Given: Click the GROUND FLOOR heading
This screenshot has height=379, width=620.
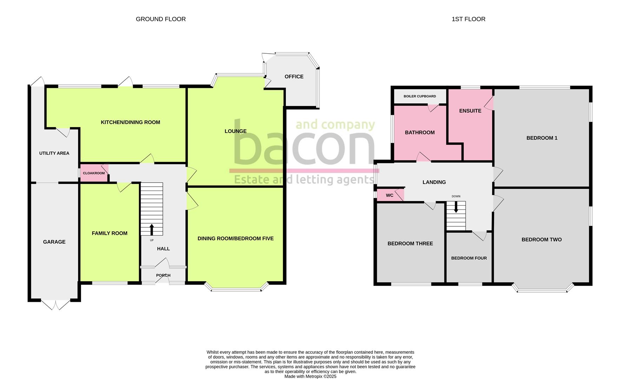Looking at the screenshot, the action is coord(161,19).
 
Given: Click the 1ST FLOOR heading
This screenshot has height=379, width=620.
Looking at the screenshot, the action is coord(468,19).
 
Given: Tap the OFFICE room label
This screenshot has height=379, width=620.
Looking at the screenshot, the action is coord(294,77).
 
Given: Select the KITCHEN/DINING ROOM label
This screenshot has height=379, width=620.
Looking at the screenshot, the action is coord(130,122).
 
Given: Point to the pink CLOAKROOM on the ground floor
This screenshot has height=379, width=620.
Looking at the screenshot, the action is coord(94,173).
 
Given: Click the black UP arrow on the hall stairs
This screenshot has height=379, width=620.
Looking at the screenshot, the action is coord(152,230).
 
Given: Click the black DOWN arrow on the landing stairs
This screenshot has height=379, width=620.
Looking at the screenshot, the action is coord(456,207).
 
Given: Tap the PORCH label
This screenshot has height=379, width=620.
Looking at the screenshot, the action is coord(163,275).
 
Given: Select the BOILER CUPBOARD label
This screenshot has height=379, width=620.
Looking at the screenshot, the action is coord(420,96).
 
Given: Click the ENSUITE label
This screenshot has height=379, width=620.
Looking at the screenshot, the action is coord(470,111).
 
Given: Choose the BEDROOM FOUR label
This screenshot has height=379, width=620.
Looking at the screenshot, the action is coord(469,258).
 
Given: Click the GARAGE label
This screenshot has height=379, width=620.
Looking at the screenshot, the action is coord(54,242).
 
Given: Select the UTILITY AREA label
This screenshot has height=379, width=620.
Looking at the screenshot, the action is coord(54,153).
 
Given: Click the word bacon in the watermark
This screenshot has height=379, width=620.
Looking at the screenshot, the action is coord(304,144).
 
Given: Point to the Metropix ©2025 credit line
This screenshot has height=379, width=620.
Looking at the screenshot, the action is coord(310,377).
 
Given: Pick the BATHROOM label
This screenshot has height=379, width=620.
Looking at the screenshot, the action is coord(420,132).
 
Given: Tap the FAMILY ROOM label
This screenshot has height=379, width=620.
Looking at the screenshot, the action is coord(110,233).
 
